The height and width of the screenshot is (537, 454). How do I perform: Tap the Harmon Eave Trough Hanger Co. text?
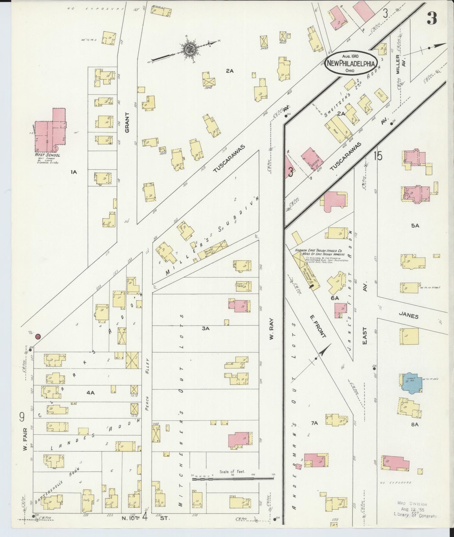click(319, 252)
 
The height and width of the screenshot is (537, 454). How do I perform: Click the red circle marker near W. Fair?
click(38, 337)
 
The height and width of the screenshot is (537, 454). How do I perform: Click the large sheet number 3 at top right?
click(431, 19)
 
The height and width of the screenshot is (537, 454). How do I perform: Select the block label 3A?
click(205, 328)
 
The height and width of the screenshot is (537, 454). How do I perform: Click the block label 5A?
click(415, 225)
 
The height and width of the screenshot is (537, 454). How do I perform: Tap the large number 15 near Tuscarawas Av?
click(378, 156)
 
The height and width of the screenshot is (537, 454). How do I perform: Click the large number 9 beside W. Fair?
click(22, 417)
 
